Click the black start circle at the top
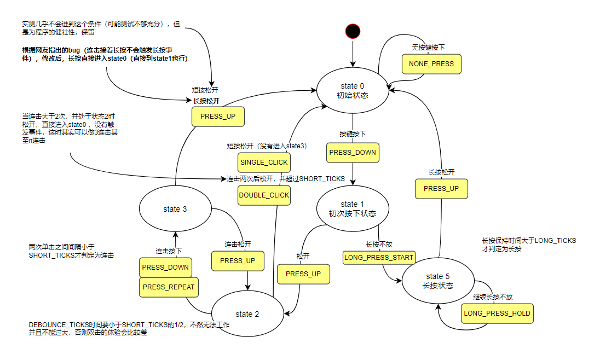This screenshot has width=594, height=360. tap(353, 31)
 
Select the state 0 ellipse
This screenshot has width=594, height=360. tap(353, 91)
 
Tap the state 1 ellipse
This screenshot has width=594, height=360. tap(353, 208)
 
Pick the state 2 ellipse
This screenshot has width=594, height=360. tap(244, 314)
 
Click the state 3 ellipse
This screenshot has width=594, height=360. tap(175, 209)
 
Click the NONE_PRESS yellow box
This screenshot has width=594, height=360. tap(431, 64)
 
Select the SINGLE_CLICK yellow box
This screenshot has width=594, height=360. tap(264, 162)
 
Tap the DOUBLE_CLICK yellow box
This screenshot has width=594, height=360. tap(264, 195)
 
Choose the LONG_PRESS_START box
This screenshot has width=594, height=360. tap(379, 257)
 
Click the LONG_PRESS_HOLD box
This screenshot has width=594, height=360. tap(497, 313)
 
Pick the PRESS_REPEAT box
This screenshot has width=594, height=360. tap(168, 287)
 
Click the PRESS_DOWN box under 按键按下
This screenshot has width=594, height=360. tap(353, 152)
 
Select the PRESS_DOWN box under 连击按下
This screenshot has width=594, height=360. tap(165, 267)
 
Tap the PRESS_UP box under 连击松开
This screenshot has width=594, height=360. tap(238, 261)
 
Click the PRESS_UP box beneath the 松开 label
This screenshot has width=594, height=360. tap(303, 274)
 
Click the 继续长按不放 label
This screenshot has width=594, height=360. tap(493, 297)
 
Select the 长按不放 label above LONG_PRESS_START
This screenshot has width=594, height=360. tap(379, 245)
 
